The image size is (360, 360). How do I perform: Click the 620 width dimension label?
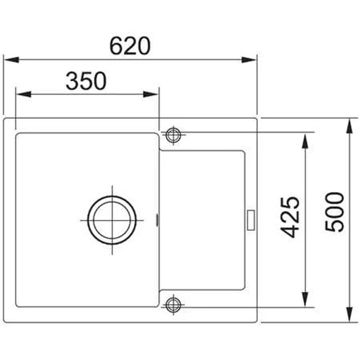130,46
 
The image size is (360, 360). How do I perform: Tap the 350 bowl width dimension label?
86,81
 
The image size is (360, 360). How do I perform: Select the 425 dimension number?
290,217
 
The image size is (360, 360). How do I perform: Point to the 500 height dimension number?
335,212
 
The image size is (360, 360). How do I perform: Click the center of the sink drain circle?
112,220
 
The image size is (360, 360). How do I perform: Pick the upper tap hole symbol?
174,135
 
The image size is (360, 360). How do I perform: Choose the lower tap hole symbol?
174,305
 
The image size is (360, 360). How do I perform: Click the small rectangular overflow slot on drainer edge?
250,220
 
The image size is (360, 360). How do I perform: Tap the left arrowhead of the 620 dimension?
12,60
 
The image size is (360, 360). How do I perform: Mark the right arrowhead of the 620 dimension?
249,60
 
